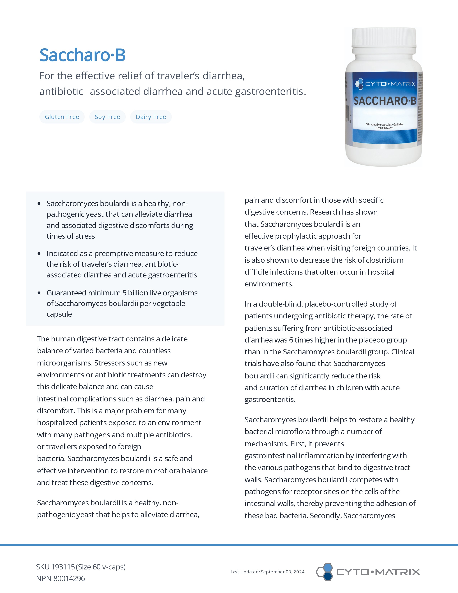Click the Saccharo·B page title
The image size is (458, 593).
pyautogui.click(x=82, y=55)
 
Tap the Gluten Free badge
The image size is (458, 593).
pyautogui.click(x=62, y=117)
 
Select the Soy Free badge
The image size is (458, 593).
pyautogui.click(x=107, y=117)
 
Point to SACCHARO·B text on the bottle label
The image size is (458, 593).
pyautogui.click(x=385, y=101)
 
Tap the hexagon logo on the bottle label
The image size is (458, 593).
pyautogui.click(x=359, y=84)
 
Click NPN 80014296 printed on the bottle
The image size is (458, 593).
pyautogui.click(x=384, y=128)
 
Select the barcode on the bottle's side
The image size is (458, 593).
pyautogui.click(x=347, y=114)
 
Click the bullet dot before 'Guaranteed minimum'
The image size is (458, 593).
pyautogui.click(x=39, y=293)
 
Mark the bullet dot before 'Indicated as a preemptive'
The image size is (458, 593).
pyautogui.click(x=39, y=254)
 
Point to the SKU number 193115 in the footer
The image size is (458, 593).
pyautogui.click(x=63, y=567)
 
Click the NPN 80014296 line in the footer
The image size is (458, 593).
pyautogui.click(x=61, y=579)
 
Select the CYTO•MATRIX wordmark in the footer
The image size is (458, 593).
pyautogui.click(x=378, y=572)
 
